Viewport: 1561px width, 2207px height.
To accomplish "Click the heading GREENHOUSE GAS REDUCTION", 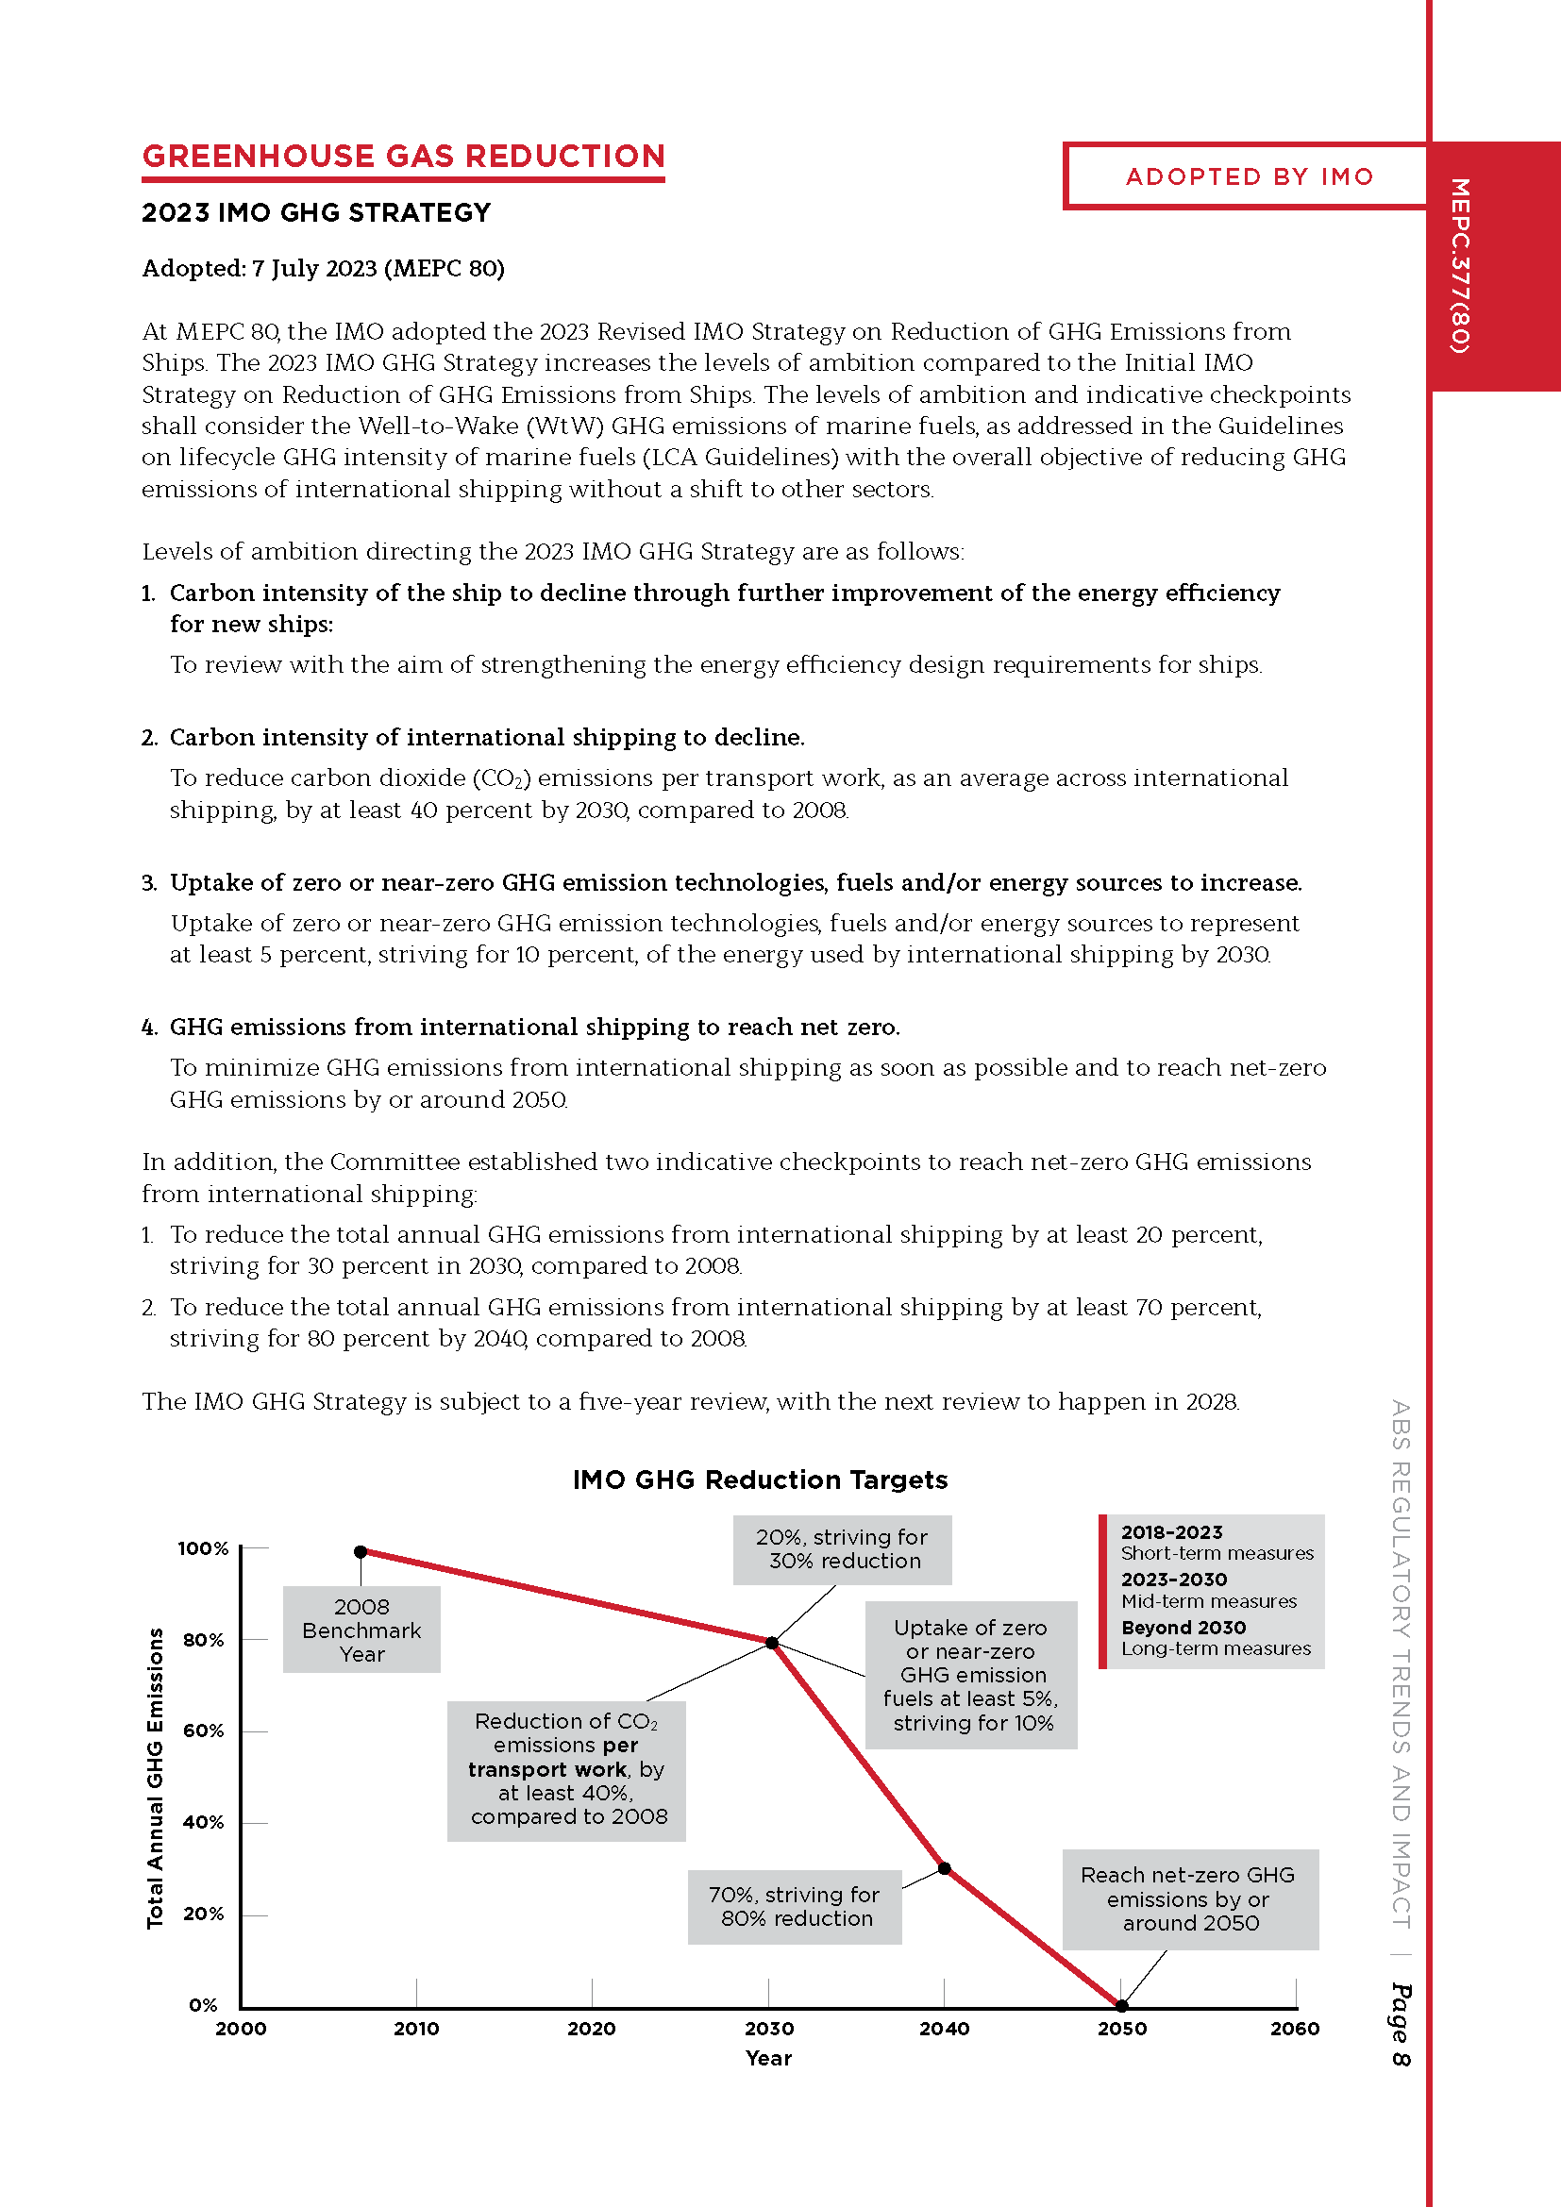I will [x=403, y=157].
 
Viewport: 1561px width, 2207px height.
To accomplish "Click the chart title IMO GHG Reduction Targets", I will [x=760, y=1480].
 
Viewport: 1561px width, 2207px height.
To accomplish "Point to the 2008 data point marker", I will [x=361, y=1551].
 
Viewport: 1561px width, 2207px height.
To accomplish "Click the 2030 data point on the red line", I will [x=771, y=1643].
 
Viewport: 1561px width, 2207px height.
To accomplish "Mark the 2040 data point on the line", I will [x=944, y=1868].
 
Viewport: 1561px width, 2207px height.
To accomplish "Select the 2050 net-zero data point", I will [x=1121, y=2006].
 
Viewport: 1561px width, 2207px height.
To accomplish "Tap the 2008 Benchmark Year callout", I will [x=361, y=1630].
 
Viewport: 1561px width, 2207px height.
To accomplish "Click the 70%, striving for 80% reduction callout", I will [x=794, y=1906].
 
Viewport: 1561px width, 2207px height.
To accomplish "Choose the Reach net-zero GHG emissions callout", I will [x=1189, y=1898].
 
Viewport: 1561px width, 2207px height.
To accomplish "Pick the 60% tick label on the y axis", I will [x=204, y=1731].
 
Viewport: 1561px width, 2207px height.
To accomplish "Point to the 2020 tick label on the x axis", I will [x=591, y=2030].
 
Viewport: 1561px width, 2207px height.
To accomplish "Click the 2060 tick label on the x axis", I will [x=1295, y=2030].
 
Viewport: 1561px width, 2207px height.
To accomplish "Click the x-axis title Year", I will [x=769, y=2058].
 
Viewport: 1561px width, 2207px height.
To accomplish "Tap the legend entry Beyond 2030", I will [x=1183, y=1628].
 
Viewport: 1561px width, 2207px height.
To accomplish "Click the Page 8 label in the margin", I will [x=1402, y=2024].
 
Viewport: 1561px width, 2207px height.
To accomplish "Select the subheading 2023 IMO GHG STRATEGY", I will [x=316, y=212].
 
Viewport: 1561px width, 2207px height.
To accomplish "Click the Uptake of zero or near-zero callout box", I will [x=971, y=1675].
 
